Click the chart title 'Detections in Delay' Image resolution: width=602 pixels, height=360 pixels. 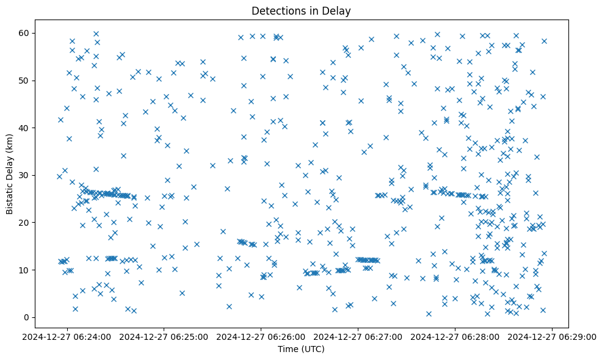pyautogui.click(x=301, y=10)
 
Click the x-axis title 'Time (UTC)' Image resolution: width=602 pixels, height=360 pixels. pyautogui.click(x=301, y=349)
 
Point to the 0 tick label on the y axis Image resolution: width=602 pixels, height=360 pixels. pyautogui.click(x=27, y=317)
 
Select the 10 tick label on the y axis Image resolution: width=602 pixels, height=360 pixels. pyautogui.click(x=24, y=270)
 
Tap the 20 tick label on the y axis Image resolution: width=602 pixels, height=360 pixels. pyautogui.click(x=24, y=223)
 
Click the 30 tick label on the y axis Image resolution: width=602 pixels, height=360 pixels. pyautogui.click(x=24, y=175)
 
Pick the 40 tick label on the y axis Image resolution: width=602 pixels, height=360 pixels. pyautogui.click(x=24, y=128)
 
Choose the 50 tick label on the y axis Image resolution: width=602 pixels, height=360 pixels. pyautogui.click(x=24, y=81)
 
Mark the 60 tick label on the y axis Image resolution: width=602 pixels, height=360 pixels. pyautogui.click(x=24, y=33)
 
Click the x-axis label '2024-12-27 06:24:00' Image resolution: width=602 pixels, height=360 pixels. pyautogui.click(x=67, y=336)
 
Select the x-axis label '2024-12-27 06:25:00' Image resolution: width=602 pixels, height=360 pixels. pyautogui.click(x=164, y=336)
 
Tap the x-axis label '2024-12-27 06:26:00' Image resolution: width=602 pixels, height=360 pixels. pyautogui.click(x=261, y=336)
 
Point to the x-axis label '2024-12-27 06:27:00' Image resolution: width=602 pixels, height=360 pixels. pyautogui.click(x=358, y=336)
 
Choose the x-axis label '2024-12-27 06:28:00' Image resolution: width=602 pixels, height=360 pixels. pyautogui.click(x=455, y=336)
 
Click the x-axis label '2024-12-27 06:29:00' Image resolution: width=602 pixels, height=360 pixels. pyautogui.click(x=553, y=336)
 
